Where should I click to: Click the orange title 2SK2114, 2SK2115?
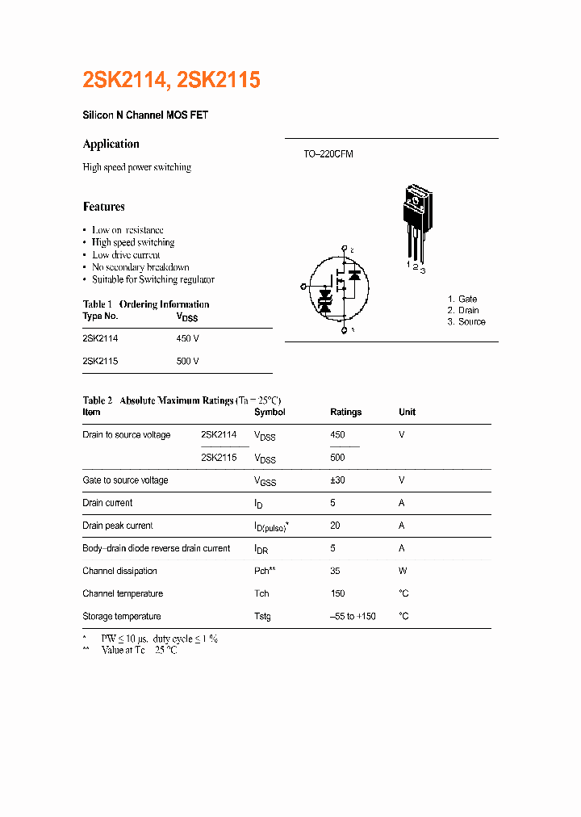[171, 80]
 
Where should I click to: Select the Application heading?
[111, 144]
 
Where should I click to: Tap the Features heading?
[104, 207]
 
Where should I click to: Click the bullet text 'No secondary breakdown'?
[140, 267]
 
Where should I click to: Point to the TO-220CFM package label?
[328, 153]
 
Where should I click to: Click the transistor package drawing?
[416, 222]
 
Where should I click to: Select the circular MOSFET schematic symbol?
[339, 288]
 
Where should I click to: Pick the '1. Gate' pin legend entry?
[462, 299]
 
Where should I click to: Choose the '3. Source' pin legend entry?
[466, 321]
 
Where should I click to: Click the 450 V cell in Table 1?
[187, 338]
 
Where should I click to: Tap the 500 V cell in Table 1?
[187, 361]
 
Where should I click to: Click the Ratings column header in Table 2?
[346, 412]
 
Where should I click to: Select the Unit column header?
[408, 412]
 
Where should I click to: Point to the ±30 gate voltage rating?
[338, 480]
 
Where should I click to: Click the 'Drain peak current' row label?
[118, 526]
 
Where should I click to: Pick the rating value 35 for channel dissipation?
[336, 571]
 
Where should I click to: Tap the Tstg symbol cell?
[262, 616]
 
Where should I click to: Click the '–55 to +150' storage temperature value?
[353, 616]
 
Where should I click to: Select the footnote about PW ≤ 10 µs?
[159, 639]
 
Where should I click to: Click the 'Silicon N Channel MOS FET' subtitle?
[145, 115]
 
